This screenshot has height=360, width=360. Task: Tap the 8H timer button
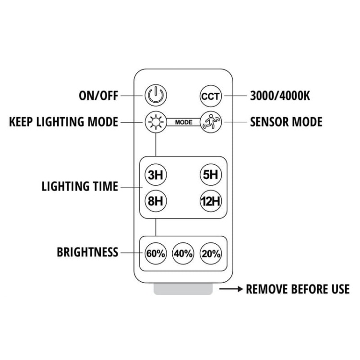tap(156, 201)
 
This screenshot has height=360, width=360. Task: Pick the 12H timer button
tap(210, 201)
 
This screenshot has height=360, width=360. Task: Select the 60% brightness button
tap(156, 253)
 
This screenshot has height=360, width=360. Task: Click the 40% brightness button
tap(183, 253)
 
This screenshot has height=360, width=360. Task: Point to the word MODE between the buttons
tap(183, 122)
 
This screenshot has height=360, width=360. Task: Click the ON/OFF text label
tap(98, 96)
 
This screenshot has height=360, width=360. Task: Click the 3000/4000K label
tap(280, 96)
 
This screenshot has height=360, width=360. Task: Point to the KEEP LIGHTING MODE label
tap(63, 121)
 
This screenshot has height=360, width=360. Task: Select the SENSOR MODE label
tap(286, 121)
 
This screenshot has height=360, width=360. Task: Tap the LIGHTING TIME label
tap(80, 186)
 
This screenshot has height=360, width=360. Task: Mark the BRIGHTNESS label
tap(87, 252)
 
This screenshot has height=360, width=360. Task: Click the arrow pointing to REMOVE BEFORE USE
tap(230, 289)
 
